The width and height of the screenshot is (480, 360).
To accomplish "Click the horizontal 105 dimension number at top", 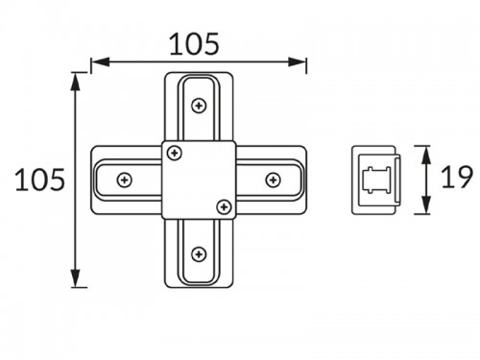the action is tap(194, 44).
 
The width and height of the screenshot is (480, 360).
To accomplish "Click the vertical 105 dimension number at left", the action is tap(40, 180).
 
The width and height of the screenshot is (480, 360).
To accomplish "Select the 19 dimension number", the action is tap(457, 177).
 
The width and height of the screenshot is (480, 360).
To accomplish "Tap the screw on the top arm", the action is tap(199, 106).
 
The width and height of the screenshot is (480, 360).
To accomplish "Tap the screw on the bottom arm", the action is tap(199, 254).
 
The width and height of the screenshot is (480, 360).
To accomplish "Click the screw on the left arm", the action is tap(125, 180).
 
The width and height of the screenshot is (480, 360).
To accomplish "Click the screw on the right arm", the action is tap(274, 180).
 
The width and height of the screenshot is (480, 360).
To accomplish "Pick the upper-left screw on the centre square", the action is tap(175, 153).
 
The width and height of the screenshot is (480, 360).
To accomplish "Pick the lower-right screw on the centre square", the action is tap(224, 206).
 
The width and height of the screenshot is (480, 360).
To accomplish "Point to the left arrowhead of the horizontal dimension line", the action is tap(100, 62).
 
